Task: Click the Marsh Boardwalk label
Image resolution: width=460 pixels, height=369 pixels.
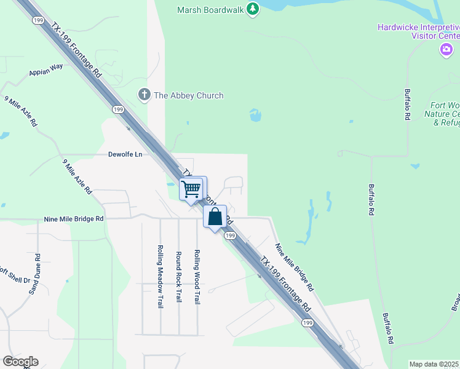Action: [210, 10]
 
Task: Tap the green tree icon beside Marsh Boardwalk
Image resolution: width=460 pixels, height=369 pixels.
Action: [252, 9]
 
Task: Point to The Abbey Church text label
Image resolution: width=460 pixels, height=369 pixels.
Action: [189, 95]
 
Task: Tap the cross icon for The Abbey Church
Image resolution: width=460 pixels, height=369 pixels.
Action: [144, 95]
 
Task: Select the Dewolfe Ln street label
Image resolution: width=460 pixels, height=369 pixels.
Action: [125, 154]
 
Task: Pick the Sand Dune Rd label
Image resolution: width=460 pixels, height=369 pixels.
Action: [34, 274]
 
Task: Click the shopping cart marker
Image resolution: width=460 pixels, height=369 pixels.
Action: [192, 188]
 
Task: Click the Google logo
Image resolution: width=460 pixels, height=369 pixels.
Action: [20, 362]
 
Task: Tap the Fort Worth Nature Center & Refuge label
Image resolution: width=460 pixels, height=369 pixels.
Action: [442, 114]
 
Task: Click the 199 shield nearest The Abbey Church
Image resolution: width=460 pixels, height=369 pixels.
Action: [119, 109]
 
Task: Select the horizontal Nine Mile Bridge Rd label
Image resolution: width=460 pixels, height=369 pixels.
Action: [73, 218]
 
